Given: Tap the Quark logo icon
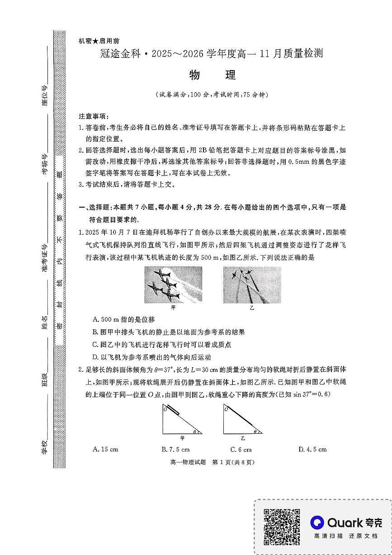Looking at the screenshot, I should (317, 523).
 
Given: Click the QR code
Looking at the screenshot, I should (282, 527).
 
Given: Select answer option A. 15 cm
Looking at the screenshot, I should (105, 450).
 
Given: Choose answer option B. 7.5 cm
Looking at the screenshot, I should (175, 450).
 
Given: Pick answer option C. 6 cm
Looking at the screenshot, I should (241, 450).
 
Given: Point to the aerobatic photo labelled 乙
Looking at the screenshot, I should (252, 285).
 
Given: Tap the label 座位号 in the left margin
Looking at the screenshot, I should (45, 95).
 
